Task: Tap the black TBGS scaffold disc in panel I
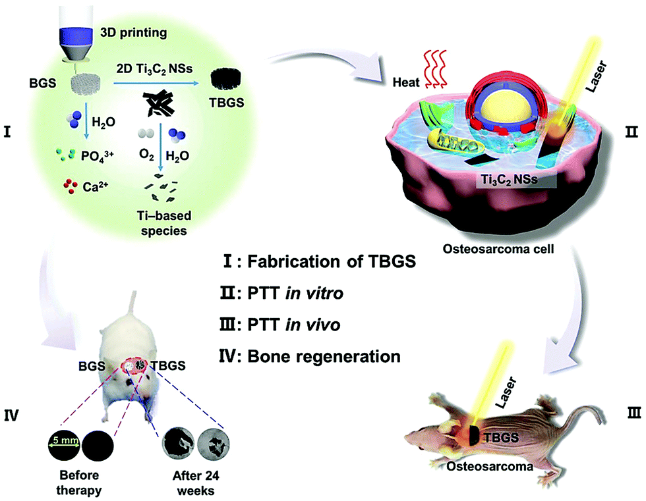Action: pos(225,79)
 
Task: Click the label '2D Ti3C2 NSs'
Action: pos(154,68)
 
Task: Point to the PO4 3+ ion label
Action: pos(98,157)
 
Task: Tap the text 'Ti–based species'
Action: pos(164,223)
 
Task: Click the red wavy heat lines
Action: pos(434,68)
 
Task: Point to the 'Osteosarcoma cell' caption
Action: pos(498,249)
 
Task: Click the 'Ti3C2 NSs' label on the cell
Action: pos(510,180)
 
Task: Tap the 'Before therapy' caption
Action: pos(79,483)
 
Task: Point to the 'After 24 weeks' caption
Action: pos(196,483)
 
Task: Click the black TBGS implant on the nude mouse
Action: pos(475,436)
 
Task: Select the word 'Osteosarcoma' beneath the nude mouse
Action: pos(490,466)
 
